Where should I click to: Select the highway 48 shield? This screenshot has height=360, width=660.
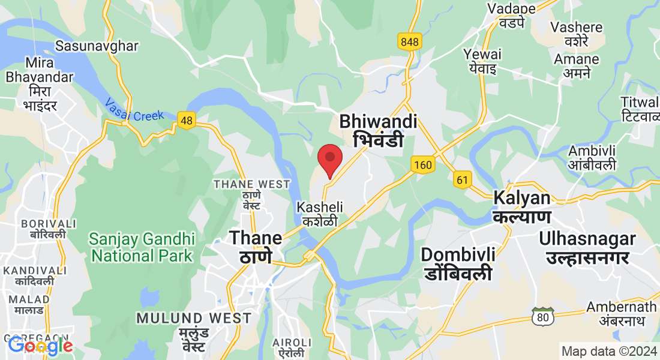[187, 121]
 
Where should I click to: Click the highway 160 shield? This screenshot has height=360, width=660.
[422, 164]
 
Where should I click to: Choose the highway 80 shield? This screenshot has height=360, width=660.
[543, 317]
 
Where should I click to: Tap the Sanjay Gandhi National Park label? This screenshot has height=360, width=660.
[142, 247]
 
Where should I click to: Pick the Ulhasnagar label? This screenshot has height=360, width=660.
[587, 248]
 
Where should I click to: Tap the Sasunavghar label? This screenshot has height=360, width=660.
[97, 46]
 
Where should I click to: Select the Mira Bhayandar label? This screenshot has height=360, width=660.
[40, 84]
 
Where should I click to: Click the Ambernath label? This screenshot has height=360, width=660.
[621, 313]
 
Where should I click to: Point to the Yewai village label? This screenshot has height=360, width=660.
[482, 61]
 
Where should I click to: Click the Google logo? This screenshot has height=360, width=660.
[40, 346]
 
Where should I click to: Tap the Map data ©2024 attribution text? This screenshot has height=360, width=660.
[608, 351]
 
